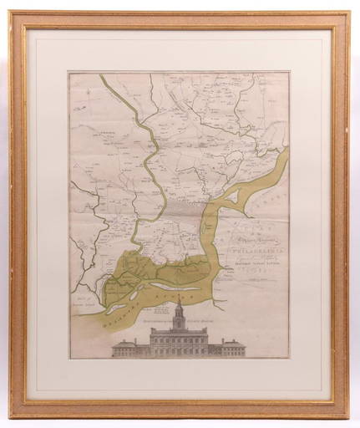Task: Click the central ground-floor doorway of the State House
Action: pos(180,352)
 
